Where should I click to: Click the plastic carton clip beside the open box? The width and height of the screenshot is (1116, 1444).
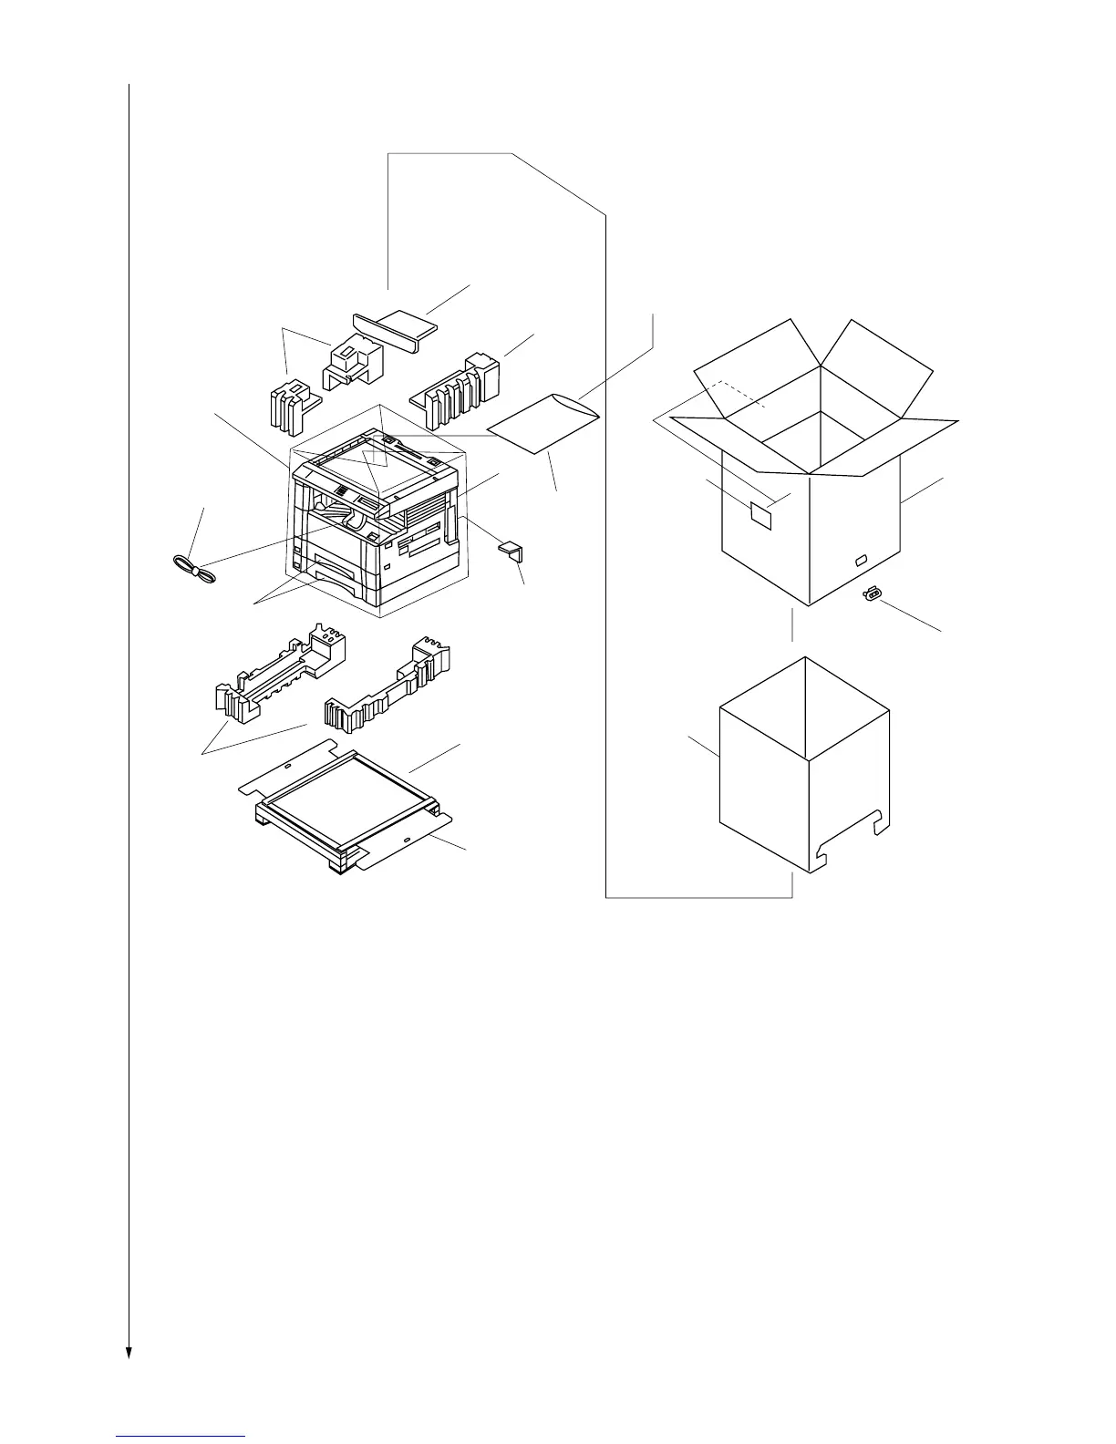[872, 595]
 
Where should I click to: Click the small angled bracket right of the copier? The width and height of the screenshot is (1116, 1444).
[509, 550]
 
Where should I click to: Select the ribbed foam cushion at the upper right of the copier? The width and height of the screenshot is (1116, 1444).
[456, 387]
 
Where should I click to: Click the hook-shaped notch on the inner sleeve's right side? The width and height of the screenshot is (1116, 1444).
[878, 822]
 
